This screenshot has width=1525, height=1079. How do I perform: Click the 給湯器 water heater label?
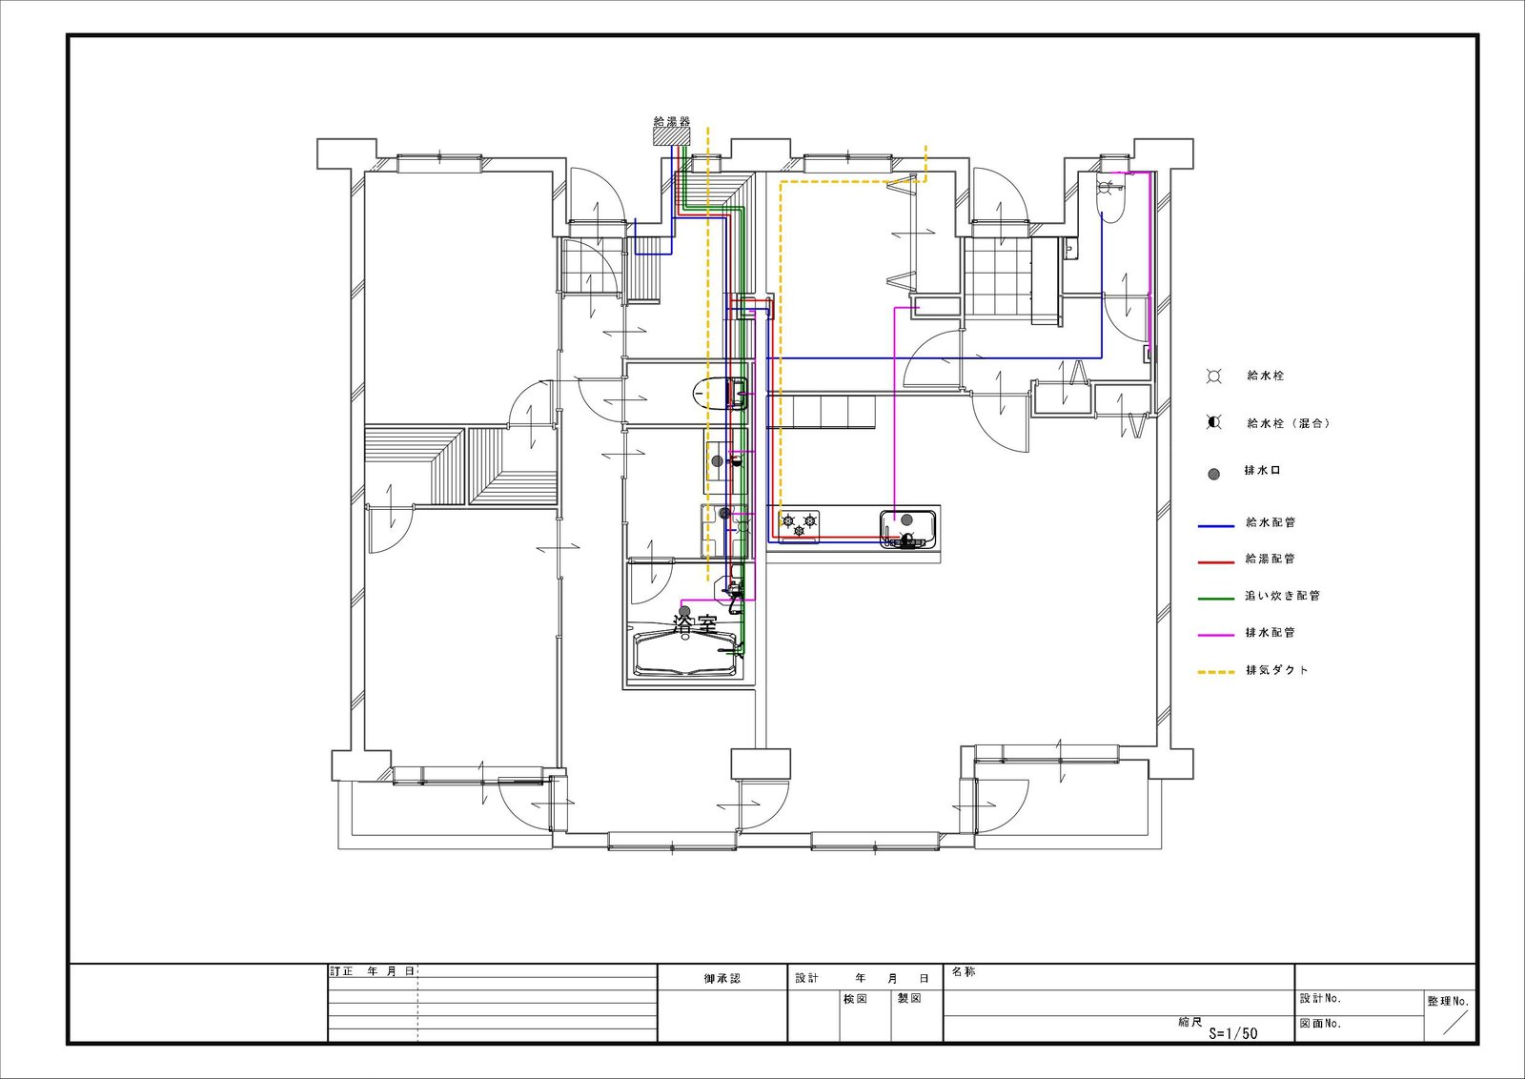(x=671, y=122)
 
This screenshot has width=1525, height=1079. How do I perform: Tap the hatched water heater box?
(x=672, y=136)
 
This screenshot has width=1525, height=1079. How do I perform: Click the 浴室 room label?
(x=695, y=623)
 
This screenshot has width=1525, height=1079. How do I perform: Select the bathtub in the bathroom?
(x=686, y=654)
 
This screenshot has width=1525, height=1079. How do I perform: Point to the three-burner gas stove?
(x=800, y=523)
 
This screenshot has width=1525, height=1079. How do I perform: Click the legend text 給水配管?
(x=1271, y=523)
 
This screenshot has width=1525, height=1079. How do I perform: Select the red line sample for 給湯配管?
(x=1216, y=562)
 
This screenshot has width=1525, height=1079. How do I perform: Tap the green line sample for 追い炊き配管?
(x=1216, y=599)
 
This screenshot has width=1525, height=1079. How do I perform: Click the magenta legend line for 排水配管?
(x=1216, y=635)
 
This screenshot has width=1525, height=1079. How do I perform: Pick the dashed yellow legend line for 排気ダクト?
(x=1216, y=673)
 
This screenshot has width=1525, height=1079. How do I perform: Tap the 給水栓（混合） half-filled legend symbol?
(x=1214, y=423)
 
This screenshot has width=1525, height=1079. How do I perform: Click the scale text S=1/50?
(x=1233, y=1033)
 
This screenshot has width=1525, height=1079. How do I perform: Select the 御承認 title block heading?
(x=722, y=978)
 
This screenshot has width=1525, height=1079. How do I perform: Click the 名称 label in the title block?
(x=964, y=972)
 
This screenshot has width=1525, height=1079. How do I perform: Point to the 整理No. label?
(x=1449, y=1002)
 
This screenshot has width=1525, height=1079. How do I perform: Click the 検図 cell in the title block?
(x=855, y=999)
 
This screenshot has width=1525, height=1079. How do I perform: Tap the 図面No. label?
(x=1321, y=1023)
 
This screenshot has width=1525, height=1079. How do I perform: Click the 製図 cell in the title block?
(x=909, y=999)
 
